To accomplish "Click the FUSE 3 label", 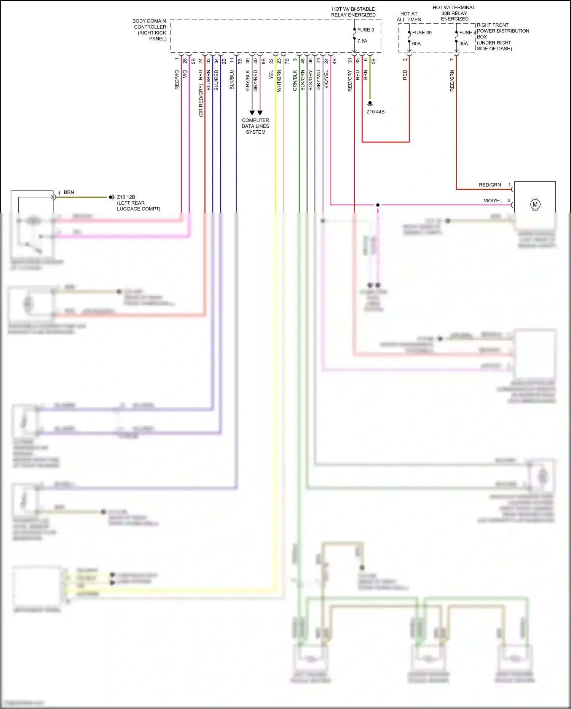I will click(365, 30).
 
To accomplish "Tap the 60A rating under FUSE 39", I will click(416, 44).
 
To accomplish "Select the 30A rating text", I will click(463, 44).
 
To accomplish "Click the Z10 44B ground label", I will click(375, 112).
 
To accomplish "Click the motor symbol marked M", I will click(535, 205).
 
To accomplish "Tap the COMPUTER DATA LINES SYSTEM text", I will click(255, 126).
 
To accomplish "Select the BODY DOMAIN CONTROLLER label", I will click(150, 30).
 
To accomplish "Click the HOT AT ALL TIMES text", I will click(408, 17).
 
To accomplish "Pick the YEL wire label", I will click(271, 75).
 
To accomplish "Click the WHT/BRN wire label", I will click(279, 81).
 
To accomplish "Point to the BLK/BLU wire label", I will click(232, 80).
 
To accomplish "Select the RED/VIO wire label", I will click(177, 80).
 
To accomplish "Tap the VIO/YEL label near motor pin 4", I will click(493, 201).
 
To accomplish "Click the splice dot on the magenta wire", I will click(378, 205).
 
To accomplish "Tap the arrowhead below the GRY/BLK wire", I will click(252, 113).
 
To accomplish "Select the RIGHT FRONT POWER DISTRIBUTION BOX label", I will click(502, 37).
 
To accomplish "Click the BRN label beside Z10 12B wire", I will click(69, 192).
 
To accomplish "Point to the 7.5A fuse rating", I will click(362, 41).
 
